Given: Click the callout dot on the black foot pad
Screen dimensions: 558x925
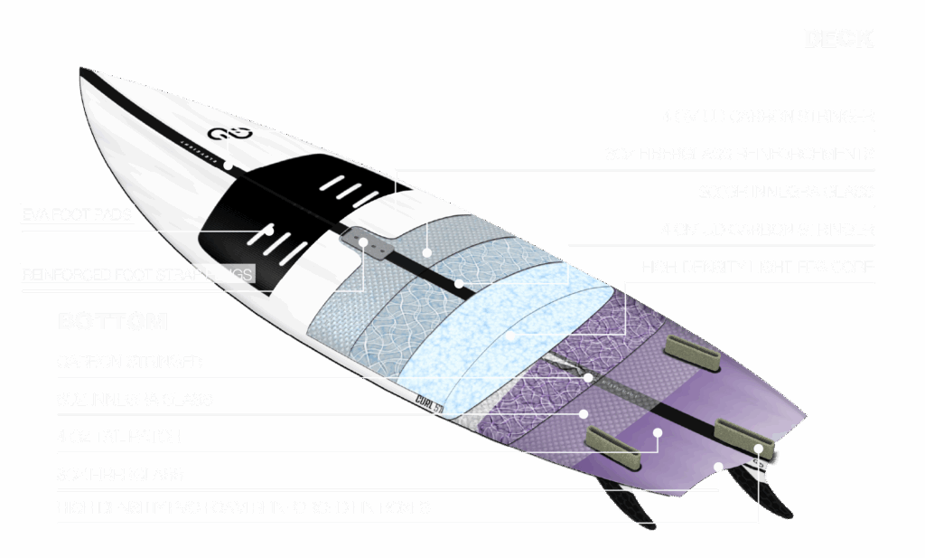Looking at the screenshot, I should [x=270, y=232].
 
